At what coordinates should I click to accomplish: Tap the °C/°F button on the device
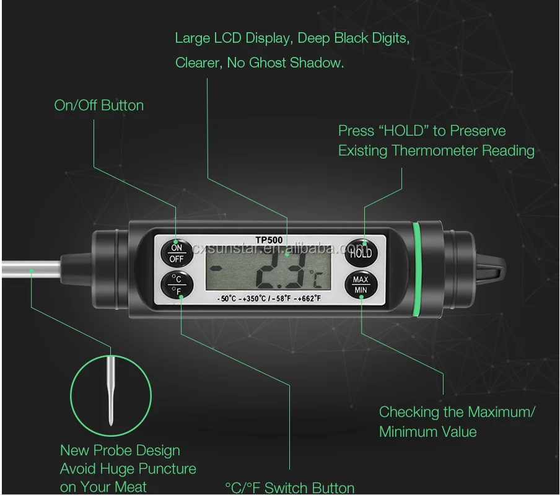[177, 284]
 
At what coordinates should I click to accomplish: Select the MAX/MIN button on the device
[361, 284]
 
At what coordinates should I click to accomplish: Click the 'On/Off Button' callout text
[99, 105]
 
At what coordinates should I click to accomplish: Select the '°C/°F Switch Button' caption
[290, 488]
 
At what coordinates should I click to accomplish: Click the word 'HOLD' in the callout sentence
[405, 131]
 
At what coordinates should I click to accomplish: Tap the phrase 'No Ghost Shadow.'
[286, 63]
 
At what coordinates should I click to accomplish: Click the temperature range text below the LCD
[269, 299]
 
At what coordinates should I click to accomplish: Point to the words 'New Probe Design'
[120, 450]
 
